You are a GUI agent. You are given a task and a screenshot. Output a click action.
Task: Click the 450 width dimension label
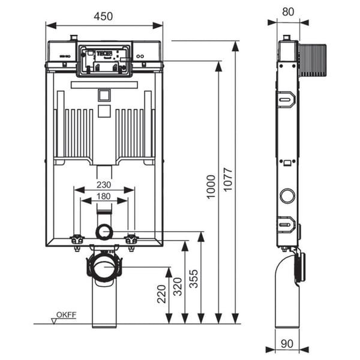[103, 17]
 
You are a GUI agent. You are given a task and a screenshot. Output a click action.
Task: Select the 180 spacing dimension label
[104, 196]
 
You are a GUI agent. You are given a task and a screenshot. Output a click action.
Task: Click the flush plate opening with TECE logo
[104, 59]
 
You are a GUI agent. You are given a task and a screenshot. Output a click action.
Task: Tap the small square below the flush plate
[104, 95]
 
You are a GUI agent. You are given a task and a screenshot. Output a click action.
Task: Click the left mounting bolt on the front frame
[77, 240]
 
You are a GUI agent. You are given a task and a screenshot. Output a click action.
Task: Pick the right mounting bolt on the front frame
[131, 240]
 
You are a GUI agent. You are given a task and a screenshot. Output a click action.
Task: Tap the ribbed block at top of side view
[312, 61]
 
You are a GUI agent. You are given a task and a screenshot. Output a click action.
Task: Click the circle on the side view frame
[287, 195]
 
